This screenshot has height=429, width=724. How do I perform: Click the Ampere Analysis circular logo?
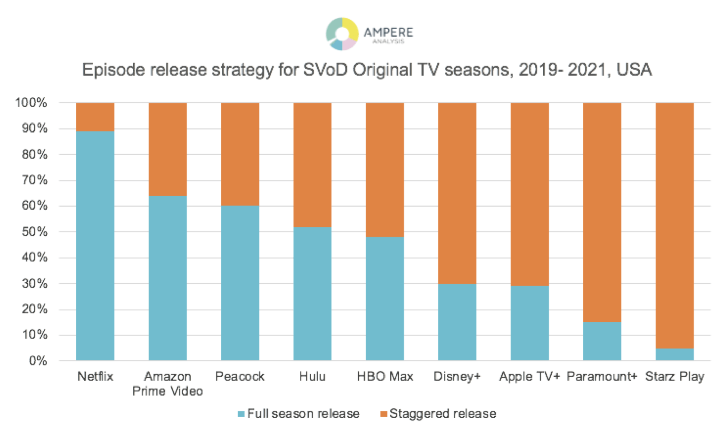click(342, 33)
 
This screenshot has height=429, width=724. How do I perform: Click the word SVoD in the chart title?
click(326, 70)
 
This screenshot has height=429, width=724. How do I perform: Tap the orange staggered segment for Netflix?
click(95, 117)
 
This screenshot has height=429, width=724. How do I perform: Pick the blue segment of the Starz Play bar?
click(675, 354)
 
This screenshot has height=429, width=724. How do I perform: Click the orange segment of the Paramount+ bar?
click(602, 212)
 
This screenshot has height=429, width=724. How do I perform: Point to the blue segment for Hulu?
click(313, 294)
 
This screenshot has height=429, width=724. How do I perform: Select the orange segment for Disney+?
click(457, 193)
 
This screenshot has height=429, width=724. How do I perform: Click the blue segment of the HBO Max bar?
click(385, 299)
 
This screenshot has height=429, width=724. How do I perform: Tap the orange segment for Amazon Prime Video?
click(168, 149)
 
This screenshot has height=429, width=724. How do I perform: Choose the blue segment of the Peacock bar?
click(240, 283)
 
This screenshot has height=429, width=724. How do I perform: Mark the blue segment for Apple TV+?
click(530, 323)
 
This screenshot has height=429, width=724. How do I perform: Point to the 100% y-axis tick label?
click(31, 103)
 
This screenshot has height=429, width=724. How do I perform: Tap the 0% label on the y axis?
click(38, 361)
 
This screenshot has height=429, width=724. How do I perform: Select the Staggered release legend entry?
click(438, 413)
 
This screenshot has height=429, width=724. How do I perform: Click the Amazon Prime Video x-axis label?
click(168, 383)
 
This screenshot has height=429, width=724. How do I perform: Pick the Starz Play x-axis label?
click(675, 376)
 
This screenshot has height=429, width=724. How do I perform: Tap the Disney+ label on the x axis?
click(457, 376)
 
